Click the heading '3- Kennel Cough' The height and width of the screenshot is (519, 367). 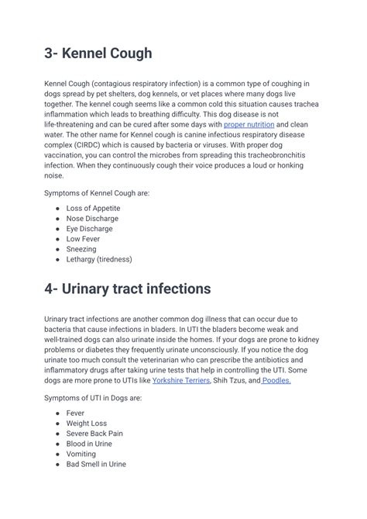[98, 54]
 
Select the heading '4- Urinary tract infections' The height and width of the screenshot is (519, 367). [127, 289]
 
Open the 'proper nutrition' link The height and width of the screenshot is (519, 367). [249, 124]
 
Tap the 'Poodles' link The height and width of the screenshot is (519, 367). [276, 380]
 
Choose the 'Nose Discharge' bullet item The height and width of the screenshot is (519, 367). [92, 219]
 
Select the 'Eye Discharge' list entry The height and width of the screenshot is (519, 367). [89, 229]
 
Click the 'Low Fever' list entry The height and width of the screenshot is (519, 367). [82, 239]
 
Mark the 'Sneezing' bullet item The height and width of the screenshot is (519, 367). [81, 249]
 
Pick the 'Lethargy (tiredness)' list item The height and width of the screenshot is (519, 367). [99, 259]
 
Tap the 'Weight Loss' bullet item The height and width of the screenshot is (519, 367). [87, 424]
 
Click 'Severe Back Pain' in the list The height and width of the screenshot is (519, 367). [94, 434]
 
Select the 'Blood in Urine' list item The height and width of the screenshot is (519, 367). [89, 444]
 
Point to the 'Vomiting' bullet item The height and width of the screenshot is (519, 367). [81, 454]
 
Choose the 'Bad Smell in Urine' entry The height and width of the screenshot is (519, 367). [96, 464]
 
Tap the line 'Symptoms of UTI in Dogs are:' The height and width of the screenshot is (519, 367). [93, 397]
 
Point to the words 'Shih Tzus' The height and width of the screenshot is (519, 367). [230, 380]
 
